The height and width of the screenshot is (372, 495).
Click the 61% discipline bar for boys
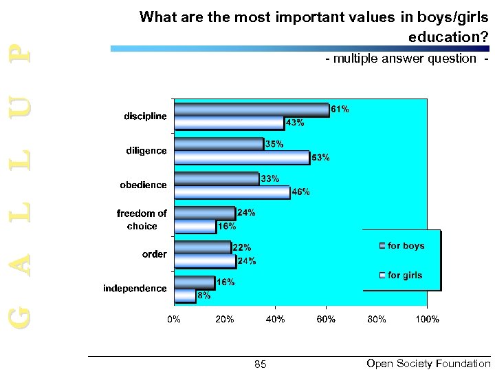click(x=252, y=110)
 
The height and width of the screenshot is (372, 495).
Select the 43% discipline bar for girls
click(x=229, y=123)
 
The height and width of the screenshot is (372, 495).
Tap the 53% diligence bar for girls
click(x=242, y=158)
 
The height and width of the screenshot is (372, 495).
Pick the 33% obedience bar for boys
click(x=217, y=178)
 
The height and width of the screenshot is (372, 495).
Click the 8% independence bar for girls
click(x=185, y=296)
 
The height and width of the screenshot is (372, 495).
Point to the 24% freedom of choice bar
click(x=205, y=213)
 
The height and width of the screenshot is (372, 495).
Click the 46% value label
click(x=301, y=192)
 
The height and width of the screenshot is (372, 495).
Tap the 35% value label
click(x=274, y=144)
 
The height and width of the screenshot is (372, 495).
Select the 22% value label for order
click(x=241, y=247)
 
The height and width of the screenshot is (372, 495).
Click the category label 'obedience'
click(x=143, y=185)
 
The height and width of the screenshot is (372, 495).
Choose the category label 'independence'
click(x=135, y=288)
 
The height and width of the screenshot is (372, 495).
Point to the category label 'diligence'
click(x=145, y=151)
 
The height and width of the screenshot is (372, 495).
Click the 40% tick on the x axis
click(x=275, y=319)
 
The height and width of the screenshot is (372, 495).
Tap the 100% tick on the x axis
click(x=427, y=319)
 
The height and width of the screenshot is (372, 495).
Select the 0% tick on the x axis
click(x=175, y=319)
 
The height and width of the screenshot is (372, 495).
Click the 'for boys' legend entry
click(x=406, y=246)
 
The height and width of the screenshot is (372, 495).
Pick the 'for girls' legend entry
click(x=405, y=276)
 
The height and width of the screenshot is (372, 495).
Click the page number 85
click(x=260, y=364)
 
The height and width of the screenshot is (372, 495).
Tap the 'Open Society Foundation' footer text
click(x=428, y=363)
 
